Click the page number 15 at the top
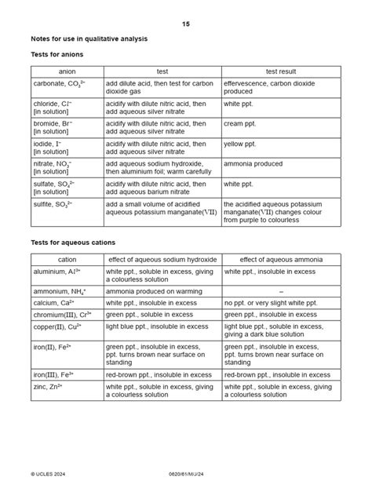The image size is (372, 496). (x=185, y=24)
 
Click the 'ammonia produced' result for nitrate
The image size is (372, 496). (x=253, y=164)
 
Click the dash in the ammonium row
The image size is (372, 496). (x=281, y=290)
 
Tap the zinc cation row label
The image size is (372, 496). (x=48, y=386)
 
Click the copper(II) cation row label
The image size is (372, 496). (x=56, y=326)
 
